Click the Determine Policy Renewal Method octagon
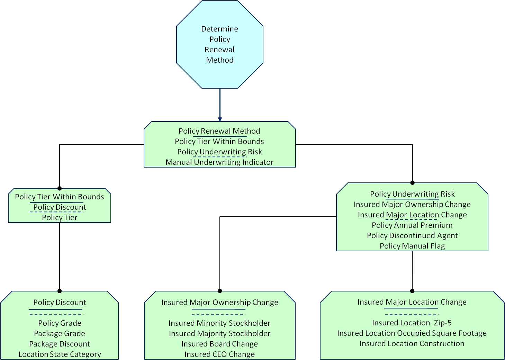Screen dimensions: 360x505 click(219, 44)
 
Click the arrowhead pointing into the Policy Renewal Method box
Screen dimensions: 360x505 click(220, 119)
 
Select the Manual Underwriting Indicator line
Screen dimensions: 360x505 click(219, 162)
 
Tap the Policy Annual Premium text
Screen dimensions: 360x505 click(412, 225)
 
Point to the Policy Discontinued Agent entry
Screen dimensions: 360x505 click(412, 235)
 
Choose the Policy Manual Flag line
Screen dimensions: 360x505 click(412, 246)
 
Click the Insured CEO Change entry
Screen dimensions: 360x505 click(219, 354)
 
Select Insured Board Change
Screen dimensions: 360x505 click(219, 344)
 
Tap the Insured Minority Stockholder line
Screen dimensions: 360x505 click(219, 323)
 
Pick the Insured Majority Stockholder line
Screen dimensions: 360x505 click(219, 333)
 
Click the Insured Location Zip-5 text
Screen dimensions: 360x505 click(412, 323)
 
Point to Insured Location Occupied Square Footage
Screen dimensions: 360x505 click(412, 333)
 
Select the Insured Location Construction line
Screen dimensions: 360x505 click(412, 343)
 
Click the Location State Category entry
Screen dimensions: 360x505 click(60, 354)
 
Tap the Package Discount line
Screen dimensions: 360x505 click(60, 344)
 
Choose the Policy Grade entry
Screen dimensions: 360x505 click(60, 323)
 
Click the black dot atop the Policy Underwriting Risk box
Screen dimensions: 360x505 click(412, 182)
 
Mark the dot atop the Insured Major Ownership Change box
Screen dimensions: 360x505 click(220, 291)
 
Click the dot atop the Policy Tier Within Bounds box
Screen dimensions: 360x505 click(60, 188)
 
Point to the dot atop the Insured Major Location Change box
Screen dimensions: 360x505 click(412, 291)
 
